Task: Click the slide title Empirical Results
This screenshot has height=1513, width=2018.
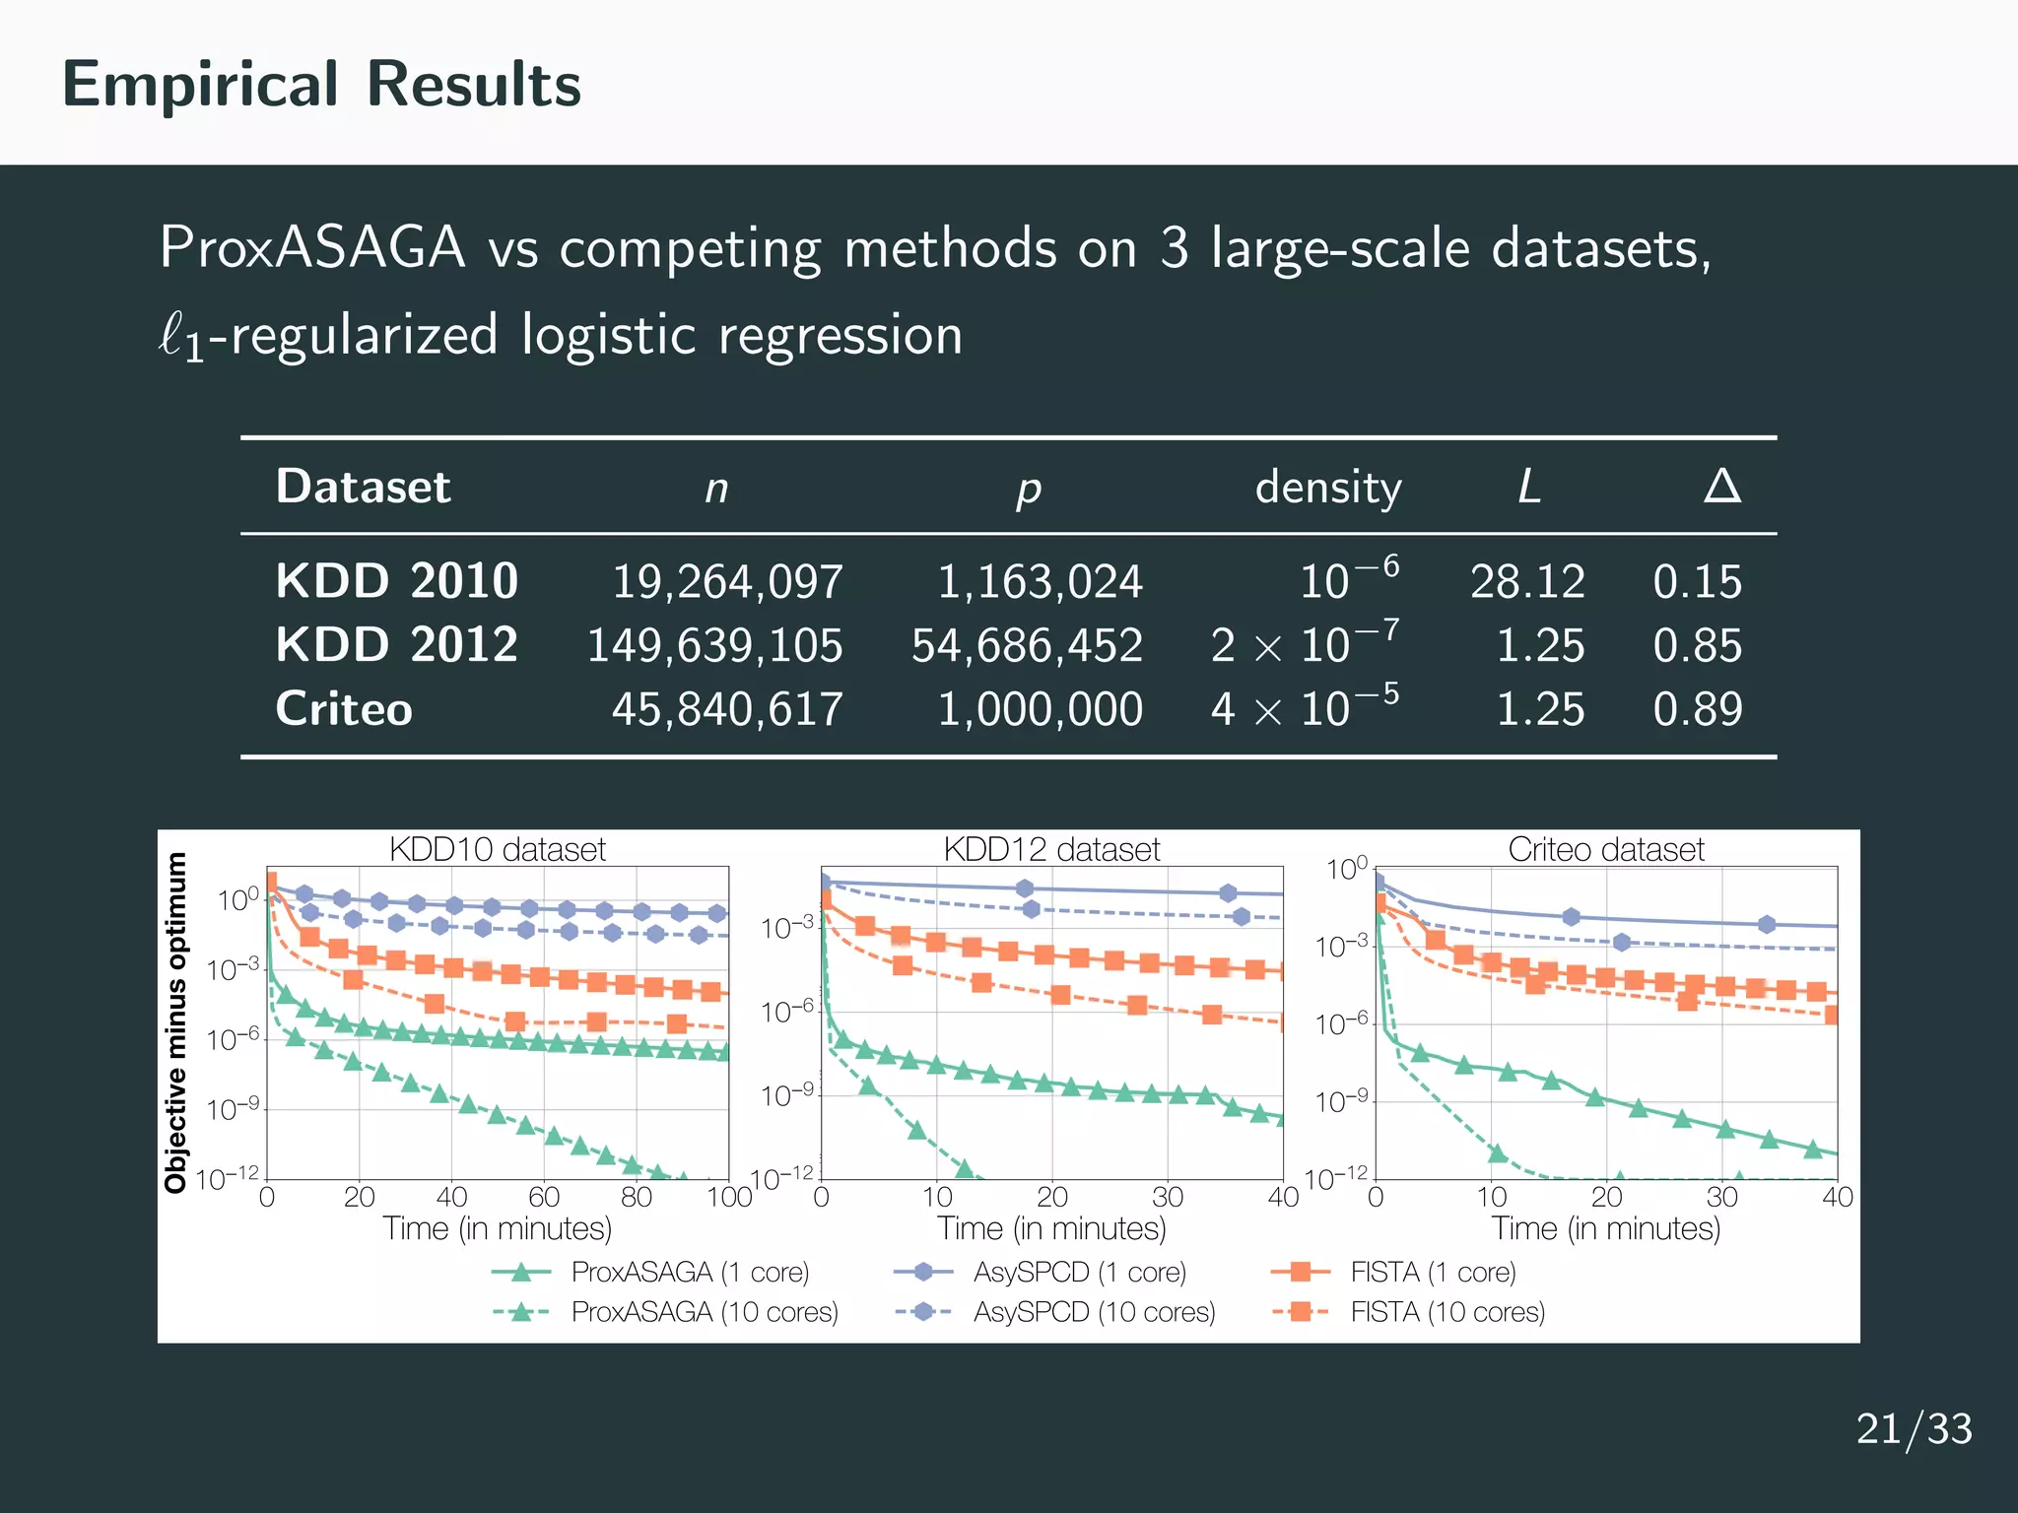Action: tap(321, 85)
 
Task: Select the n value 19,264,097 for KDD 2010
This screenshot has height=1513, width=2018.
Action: tap(727, 582)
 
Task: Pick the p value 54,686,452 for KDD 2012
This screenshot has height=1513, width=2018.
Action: tap(1027, 646)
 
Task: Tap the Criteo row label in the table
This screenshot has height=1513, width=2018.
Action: tap(344, 709)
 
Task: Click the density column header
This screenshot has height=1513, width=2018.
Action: tap(1327, 488)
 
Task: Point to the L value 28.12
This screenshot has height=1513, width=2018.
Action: tap(1527, 582)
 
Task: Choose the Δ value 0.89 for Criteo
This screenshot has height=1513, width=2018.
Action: tap(1697, 709)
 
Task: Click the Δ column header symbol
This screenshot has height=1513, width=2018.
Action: tap(1721, 487)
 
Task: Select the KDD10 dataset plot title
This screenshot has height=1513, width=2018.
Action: tap(498, 849)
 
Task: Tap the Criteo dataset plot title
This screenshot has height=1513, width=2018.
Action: tap(1605, 849)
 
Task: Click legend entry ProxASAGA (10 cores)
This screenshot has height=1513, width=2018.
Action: tap(705, 1312)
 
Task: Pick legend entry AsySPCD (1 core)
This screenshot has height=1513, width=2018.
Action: tap(1079, 1273)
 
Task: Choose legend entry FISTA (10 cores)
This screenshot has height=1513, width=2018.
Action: tap(1446, 1312)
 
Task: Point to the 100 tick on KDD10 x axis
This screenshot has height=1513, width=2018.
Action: tap(729, 1197)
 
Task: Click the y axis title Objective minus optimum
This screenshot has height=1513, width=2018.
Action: tap(176, 1022)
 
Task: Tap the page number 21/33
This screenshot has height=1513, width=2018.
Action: tap(1914, 1428)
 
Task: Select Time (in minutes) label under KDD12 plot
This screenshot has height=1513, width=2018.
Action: tap(1051, 1228)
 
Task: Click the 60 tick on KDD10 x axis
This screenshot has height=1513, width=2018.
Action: tap(544, 1197)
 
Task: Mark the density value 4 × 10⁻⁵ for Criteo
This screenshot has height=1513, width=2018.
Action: tap(1305, 709)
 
